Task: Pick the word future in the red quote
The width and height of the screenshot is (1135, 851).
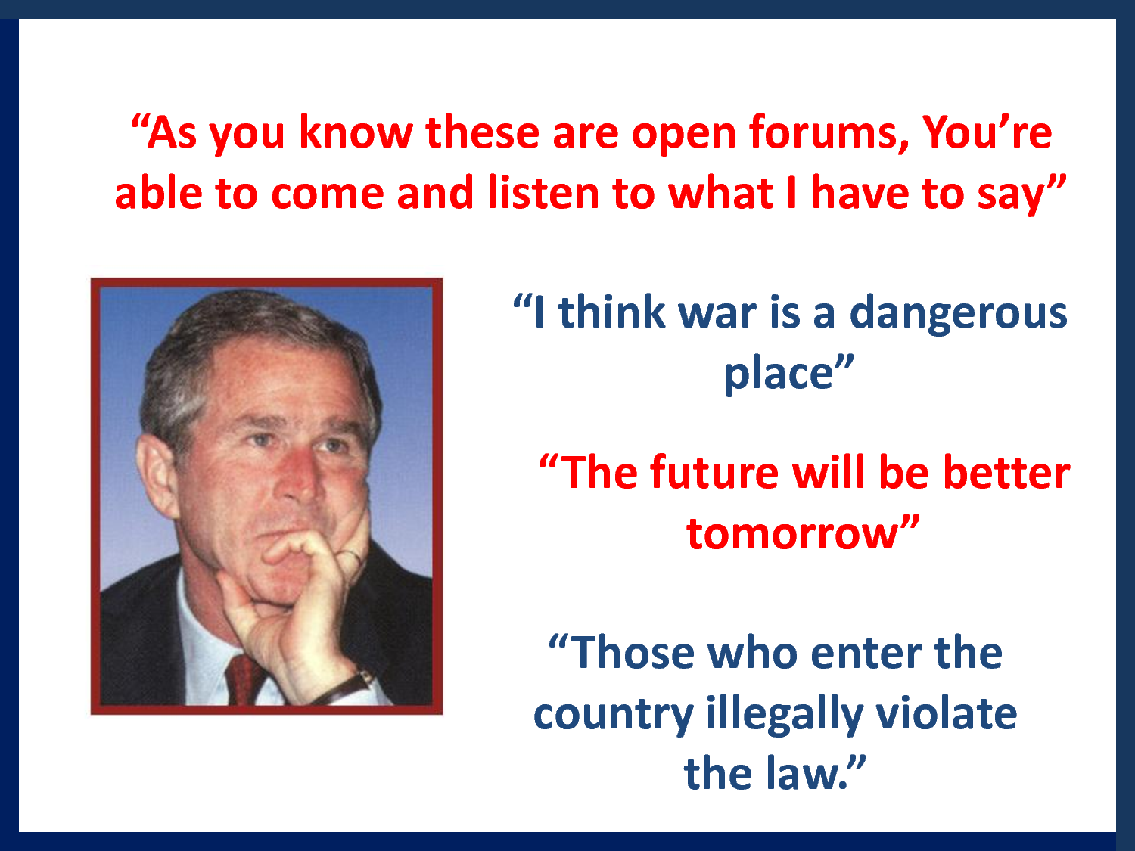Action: tap(714, 472)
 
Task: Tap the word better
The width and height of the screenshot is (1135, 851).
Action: tap(1006, 472)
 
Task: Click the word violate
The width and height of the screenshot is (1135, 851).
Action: tap(947, 713)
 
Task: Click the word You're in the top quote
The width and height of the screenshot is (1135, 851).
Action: tap(987, 132)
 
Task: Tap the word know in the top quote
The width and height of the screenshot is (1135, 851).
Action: tap(356, 132)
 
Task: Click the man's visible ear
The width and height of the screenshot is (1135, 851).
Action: tap(157, 476)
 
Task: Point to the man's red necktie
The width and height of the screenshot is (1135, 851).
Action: tap(244, 679)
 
